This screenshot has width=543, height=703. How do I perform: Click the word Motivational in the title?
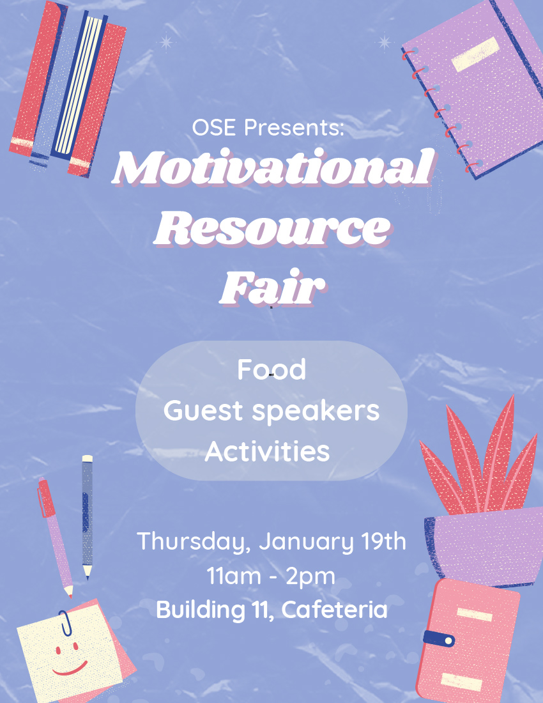coord(273,167)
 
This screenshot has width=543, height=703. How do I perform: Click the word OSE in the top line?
coord(214,127)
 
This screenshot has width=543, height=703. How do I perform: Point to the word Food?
coord(271,369)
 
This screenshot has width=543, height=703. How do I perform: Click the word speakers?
coord(316,410)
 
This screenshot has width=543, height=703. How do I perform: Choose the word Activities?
coord(268,451)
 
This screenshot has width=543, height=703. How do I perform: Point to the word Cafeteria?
coord(334,610)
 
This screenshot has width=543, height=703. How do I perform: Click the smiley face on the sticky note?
coord(70,659)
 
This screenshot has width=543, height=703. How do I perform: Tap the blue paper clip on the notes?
coord(65,623)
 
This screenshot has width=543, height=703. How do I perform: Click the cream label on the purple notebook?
coord(475,54)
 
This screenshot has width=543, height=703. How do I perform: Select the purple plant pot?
coord(484,546)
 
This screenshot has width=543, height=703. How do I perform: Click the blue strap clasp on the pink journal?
coord(439,638)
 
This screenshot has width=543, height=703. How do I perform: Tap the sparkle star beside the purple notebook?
coord(384,43)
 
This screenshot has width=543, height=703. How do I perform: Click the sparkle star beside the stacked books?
coord(166,43)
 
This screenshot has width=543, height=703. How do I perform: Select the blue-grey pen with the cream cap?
coord(88,518)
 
